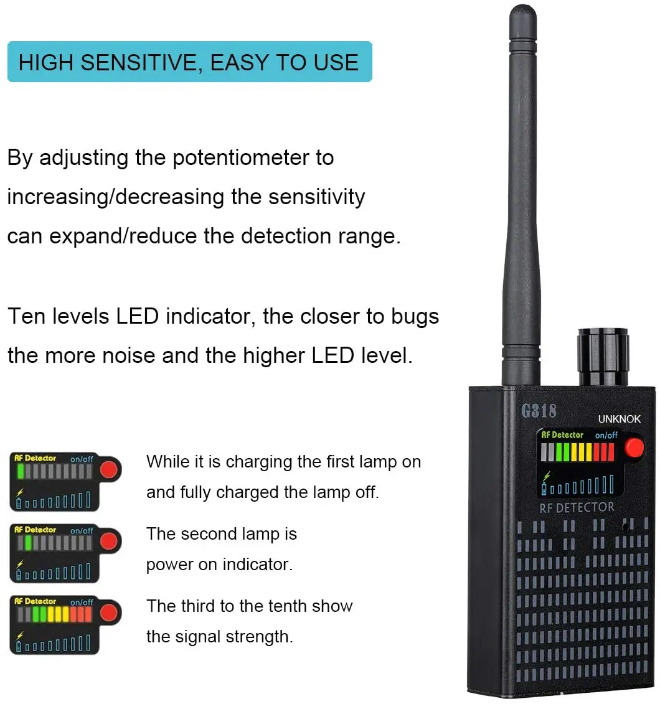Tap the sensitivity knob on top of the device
(603, 358)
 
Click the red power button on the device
(634, 448)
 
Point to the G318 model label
(539, 411)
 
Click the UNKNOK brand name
(619, 419)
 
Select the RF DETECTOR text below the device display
(577, 507)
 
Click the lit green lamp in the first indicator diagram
(21, 471)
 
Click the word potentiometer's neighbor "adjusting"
(83, 158)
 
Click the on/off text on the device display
(606, 435)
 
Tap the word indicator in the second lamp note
(257, 565)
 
